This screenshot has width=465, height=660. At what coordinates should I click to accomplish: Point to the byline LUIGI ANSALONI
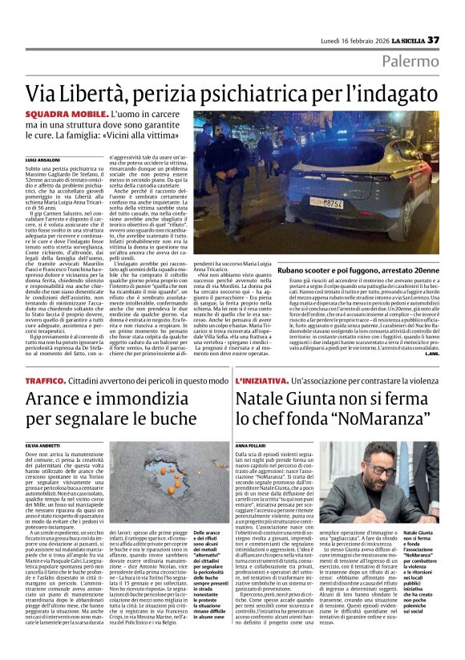(42, 160)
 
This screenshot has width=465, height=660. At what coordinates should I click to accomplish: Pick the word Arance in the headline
(56, 398)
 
